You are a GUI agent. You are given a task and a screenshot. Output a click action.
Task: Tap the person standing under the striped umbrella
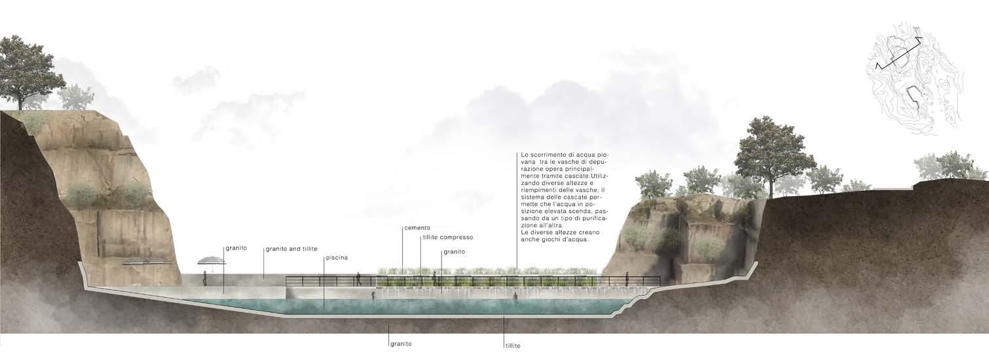click(x=205, y=278)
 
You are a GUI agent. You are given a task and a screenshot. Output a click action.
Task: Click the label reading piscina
click(x=337, y=258)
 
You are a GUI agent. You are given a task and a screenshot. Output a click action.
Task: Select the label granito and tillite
click(x=292, y=249)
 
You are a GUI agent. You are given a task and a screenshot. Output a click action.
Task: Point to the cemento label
click(x=417, y=228)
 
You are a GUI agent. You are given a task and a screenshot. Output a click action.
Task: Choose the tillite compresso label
click(x=447, y=237)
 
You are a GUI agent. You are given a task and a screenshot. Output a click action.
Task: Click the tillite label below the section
click(x=512, y=345)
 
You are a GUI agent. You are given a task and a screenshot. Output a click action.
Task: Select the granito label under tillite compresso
click(x=454, y=251)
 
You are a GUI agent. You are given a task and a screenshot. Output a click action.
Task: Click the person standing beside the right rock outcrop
click(x=626, y=279)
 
